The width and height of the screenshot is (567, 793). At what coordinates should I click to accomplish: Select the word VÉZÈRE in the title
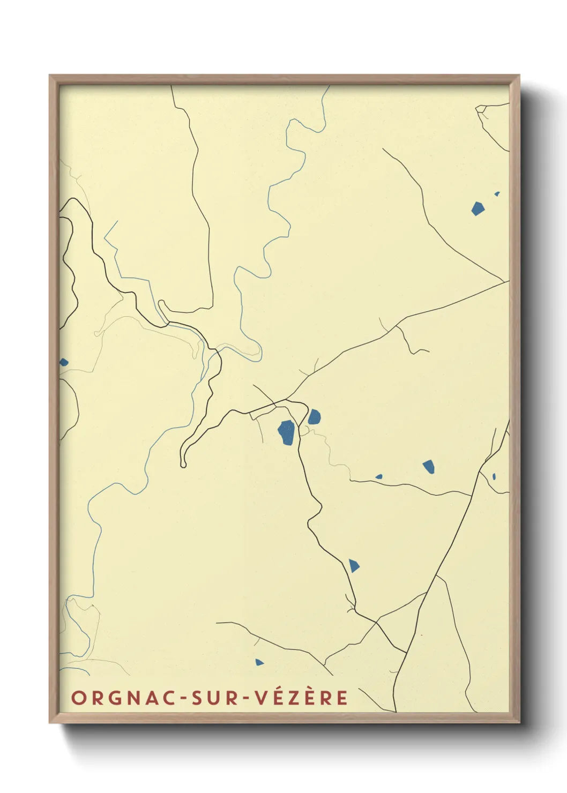click(301, 698)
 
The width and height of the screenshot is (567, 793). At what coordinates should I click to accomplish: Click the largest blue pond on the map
click(286, 432)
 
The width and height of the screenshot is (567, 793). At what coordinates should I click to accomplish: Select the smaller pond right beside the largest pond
click(314, 416)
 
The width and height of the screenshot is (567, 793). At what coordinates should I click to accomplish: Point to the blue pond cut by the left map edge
click(63, 362)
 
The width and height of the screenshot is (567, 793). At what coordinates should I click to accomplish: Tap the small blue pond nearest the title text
click(259, 662)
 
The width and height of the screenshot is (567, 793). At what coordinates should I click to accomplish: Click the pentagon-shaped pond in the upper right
click(478, 208)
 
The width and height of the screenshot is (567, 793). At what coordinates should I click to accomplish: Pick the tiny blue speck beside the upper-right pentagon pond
click(497, 193)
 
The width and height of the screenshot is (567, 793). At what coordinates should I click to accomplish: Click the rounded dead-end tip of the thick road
click(183, 465)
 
